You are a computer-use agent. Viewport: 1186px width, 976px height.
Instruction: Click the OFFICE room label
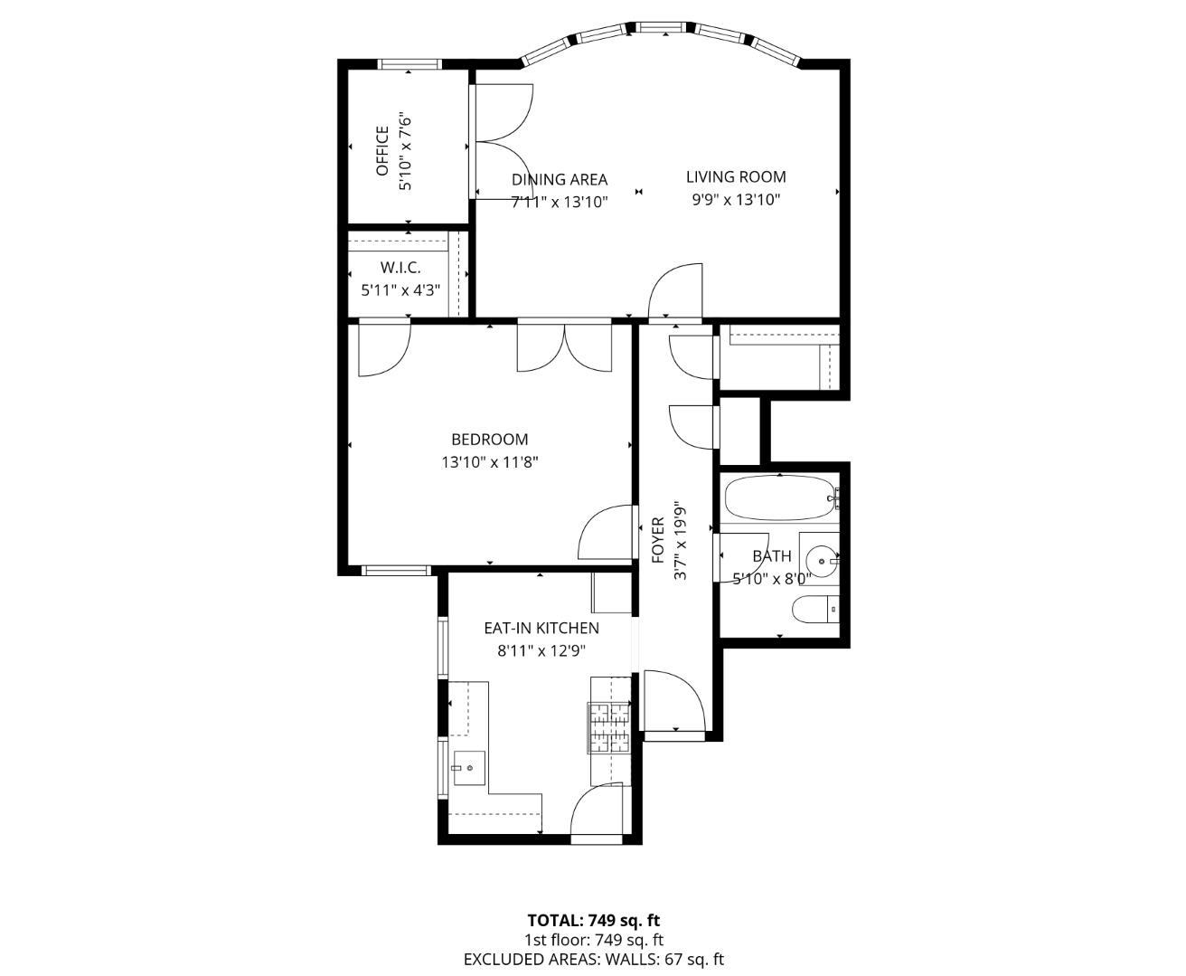click(x=381, y=151)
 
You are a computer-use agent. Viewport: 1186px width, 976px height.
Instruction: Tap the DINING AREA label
click(x=559, y=180)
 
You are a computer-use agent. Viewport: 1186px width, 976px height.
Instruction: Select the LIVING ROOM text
click(x=735, y=177)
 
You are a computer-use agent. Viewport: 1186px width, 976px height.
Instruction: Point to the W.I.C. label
click(x=400, y=268)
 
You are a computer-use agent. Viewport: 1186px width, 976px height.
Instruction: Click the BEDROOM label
click(x=489, y=440)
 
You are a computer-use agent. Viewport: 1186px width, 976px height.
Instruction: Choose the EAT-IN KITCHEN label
click(x=541, y=628)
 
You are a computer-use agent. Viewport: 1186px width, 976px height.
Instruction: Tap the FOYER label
click(x=658, y=540)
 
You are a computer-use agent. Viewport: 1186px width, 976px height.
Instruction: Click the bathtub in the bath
click(x=778, y=497)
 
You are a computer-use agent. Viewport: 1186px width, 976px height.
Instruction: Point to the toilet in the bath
click(x=814, y=611)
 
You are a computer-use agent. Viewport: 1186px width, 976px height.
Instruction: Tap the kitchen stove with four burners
click(x=609, y=728)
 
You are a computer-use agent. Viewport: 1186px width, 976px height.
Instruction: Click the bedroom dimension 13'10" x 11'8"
click(x=489, y=462)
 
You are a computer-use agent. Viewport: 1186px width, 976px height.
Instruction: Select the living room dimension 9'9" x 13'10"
click(x=735, y=200)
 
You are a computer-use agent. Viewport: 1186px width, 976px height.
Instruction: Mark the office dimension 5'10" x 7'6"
click(x=406, y=151)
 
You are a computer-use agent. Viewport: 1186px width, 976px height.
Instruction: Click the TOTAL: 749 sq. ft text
click(x=593, y=921)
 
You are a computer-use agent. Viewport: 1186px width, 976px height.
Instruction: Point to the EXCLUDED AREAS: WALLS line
click(x=593, y=960)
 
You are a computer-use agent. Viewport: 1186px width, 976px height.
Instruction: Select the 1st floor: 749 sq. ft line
click(x=593, y=941)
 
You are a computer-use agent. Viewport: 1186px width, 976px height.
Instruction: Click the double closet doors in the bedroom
click(x=565, y=346)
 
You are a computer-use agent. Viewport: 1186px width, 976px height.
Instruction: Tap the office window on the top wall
click(x=409, y=64)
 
